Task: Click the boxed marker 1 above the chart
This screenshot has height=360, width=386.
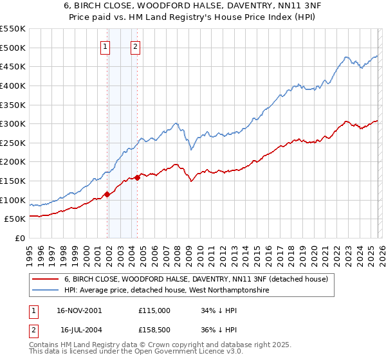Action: (105, 46)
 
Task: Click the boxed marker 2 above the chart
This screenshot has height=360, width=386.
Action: (136, 46)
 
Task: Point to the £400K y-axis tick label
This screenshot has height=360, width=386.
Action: (13, 85)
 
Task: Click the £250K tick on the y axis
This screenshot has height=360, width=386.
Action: (13, 143)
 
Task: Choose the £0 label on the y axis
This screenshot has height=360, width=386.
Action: (20, 238)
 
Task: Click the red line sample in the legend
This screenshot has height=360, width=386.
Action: (46, 280)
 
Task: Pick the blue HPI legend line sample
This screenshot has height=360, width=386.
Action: (46, 291)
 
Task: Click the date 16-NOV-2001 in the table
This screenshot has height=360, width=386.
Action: (78, 310)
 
